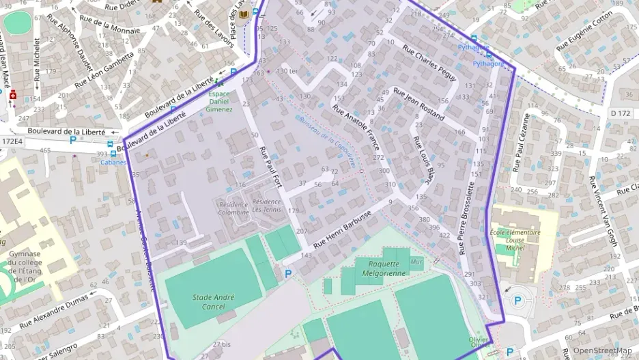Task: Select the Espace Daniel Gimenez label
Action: tap(219, 101)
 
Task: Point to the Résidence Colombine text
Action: tap(233, 206)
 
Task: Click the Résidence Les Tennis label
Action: tap(266, 206)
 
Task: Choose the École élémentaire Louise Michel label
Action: tap(515, 240)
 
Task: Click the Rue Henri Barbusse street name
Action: tap(342, 229)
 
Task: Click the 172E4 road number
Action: tap(12, 141)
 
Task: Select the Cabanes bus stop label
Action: tap(113, 163)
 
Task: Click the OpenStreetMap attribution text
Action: tap(601, 350)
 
